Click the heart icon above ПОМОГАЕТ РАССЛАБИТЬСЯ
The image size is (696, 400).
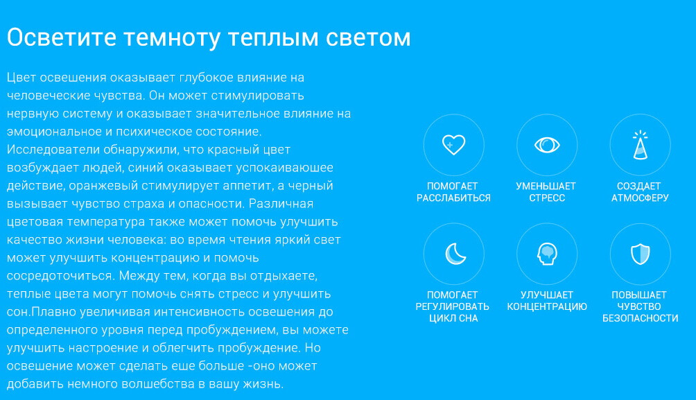pyautogui.click(x=453, y=144)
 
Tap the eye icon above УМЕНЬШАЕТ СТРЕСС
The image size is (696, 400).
pyautogui.click(x=547, y=145)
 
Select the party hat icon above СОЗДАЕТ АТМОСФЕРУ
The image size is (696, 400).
pyautogui.click(x=640, y=144)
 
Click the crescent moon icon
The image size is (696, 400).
pyautogui.click(x=453, y=254)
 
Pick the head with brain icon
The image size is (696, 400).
pyautogui.click(x=547, y=254)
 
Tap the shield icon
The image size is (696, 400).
pyautogui.click(x=640, y=254)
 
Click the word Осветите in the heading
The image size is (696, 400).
pyautogui.click(x=61, y=37)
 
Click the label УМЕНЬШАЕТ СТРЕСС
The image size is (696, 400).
pyautogui.click(x=546, y=192)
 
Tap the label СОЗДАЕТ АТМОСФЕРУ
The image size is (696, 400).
pyautogui.click(x=640, y=192)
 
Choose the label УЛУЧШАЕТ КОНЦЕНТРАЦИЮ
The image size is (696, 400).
pyautogui.click(x=547, y=301)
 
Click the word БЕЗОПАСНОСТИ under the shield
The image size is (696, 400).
pyautogui.click(x=640, y=318)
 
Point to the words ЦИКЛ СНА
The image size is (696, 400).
pyautogui.click(x=453, y=318)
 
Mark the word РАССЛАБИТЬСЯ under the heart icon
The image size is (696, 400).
pyautogui.click(x=453, y=198)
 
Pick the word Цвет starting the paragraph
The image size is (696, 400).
pyautogui.click(x=21, y=77)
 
